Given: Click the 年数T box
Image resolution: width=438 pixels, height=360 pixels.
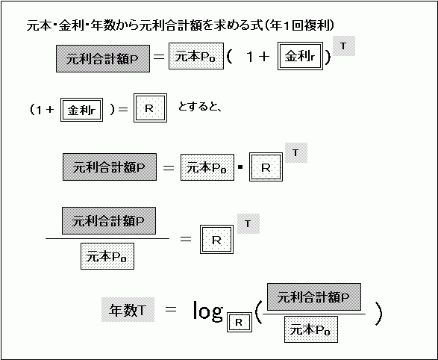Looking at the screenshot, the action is coord(128,310).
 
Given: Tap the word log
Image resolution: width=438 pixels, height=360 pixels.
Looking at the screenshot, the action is coord(208,311).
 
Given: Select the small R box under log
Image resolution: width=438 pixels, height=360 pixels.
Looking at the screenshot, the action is coord(240,323).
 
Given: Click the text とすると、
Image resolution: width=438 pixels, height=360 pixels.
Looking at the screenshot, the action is coord(200,107).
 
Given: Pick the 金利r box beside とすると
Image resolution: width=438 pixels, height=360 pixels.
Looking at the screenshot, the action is coord(81,110).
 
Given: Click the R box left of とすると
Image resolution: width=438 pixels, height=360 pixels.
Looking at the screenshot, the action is coord(150,108).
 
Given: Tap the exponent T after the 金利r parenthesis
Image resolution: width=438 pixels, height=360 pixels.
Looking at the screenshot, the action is coord(344,46).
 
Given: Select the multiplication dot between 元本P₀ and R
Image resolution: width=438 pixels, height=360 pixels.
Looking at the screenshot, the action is coord(240,167).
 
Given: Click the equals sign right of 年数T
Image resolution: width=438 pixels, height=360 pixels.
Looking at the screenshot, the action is coord(171,309).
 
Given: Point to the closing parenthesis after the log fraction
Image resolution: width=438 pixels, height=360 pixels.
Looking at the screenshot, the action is coord(378,314).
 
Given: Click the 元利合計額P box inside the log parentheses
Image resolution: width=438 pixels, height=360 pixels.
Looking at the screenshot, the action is coord(314,297).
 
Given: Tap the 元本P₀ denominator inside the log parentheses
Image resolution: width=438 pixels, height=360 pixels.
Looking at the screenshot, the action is coord(311,329).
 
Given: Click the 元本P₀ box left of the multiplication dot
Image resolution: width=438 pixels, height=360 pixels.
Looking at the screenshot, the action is coord(207,167).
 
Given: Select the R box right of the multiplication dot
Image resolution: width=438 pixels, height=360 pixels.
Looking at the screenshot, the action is coord(266,167).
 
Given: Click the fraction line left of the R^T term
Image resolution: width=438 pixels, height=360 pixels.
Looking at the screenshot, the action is coord(107,239).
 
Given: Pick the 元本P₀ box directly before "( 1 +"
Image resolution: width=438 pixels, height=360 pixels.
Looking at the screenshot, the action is coord(196,56).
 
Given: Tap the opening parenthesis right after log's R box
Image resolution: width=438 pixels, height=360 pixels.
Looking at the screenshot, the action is coord(258,313).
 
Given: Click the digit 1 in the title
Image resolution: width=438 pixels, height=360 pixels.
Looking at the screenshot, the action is coord(286,25).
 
